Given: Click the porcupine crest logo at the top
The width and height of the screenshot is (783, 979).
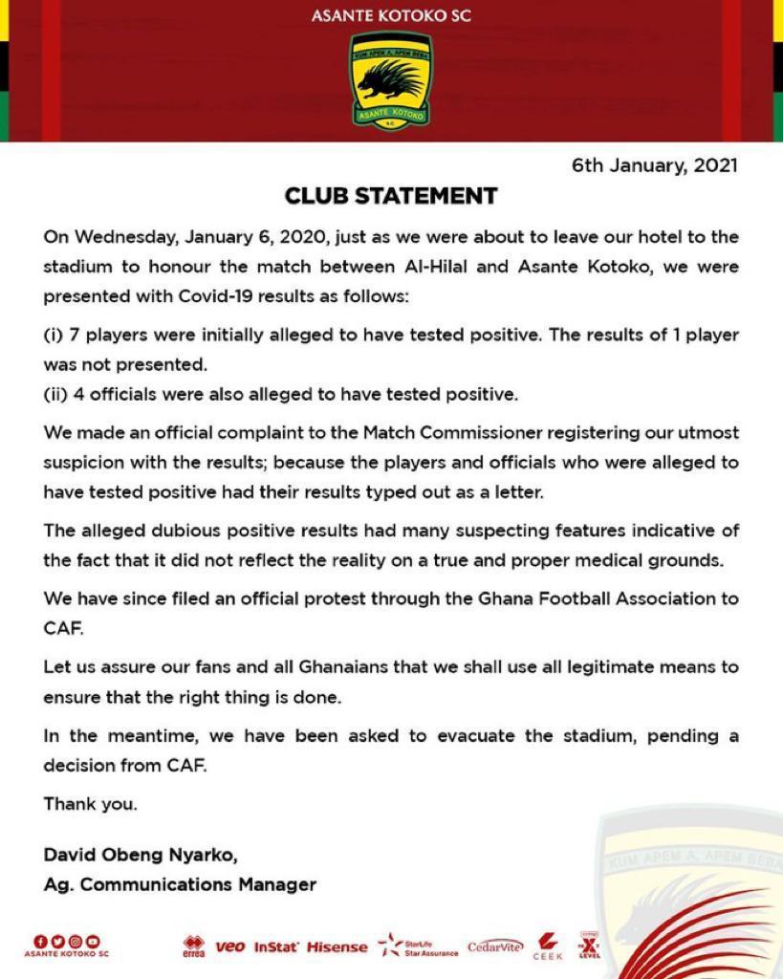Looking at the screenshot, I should click(390, 80).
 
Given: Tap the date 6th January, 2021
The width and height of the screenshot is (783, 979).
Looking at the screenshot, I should click(655, 165).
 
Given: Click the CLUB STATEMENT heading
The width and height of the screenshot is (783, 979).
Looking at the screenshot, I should click(391, 196).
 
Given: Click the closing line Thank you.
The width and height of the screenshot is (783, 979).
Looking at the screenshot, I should click(90, 804).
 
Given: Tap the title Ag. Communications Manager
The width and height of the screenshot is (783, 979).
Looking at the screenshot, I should click(180, 884).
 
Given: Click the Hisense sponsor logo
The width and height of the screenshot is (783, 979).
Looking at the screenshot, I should click(337, 947).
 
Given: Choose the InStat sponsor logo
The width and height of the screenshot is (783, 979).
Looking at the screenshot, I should click(276, 947).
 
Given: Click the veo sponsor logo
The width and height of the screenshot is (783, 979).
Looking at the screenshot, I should click(230, 946).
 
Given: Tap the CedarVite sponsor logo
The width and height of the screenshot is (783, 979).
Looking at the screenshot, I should click(495, 946).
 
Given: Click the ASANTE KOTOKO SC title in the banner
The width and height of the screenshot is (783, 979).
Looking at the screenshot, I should click(391, 16).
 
